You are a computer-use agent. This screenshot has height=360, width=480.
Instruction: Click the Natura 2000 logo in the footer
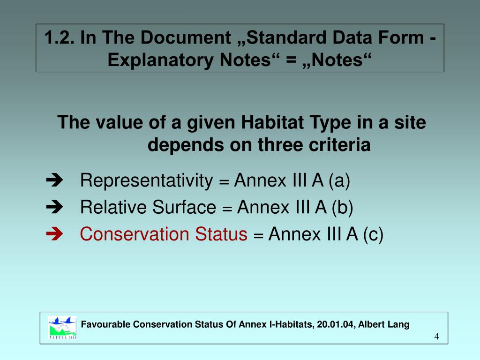pyautogui.click(x=62, y=327)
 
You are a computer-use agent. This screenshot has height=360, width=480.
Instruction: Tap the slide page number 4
pyautogui.click(x=436, y=337)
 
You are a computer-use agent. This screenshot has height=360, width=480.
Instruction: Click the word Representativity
pyautogui.click(x=146, y=180)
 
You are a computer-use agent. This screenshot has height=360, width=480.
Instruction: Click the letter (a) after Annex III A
pyautogui.click(x=339, y=180)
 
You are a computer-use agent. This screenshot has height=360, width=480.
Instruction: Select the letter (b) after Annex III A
pyautogui.click(x=342, y=207)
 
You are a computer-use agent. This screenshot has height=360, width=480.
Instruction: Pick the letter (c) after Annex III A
pyautogui.click(x=373, y=234)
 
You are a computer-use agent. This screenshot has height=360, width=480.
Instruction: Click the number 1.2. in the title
pyautogui.click(x=60, y=38)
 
